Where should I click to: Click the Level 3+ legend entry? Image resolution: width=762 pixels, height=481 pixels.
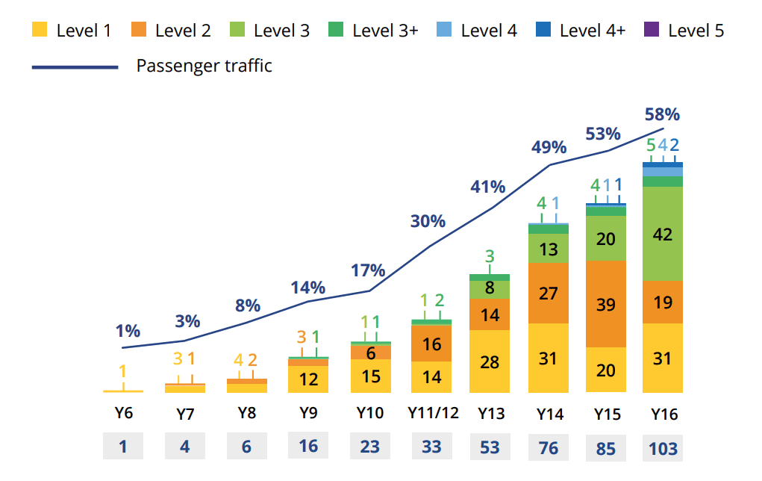(374, 31)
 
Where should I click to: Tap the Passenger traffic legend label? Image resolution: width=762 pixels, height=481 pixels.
(204, 66)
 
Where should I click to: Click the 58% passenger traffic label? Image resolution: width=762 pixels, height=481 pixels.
(662, 114)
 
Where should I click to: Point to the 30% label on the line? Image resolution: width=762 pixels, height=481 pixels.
(427, 221)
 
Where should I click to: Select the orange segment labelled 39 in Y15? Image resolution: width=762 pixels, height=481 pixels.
(605, 303)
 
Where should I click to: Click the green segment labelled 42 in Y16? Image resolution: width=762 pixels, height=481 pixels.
(663, 234)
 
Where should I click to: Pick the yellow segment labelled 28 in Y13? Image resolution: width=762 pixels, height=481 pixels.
(490, 361)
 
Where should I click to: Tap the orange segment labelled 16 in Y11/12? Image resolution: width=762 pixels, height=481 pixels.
(431, 344)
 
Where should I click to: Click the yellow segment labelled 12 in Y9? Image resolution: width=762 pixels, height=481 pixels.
(308, 379)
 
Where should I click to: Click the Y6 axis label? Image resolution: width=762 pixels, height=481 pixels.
(123, 413)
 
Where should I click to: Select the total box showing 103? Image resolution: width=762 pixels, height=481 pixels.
(663, 447)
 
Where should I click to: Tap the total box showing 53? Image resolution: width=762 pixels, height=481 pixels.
(490, 447)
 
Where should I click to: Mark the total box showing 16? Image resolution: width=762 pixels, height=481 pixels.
(308, 447)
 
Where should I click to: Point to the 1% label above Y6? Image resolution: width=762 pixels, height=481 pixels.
(128, 331)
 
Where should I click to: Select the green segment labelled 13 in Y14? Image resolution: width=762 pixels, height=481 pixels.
(548, 249)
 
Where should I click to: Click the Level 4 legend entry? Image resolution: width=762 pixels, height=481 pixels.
(478, 31)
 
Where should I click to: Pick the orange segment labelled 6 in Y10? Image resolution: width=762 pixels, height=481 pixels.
(370, 353)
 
